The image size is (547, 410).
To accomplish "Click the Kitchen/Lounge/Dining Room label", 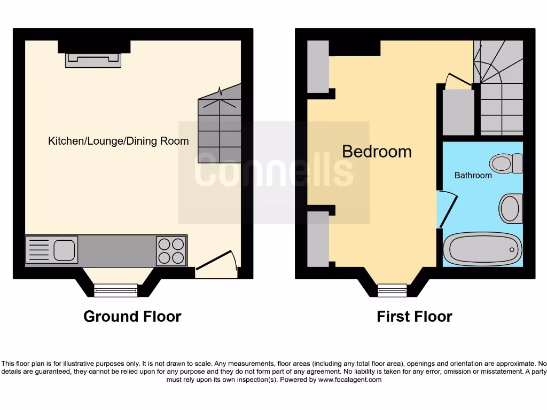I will [118, 141].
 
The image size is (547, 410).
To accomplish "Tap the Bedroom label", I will [377, 152].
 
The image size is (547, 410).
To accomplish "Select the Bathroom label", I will [473, 175].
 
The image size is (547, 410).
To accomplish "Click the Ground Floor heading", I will [132, 317].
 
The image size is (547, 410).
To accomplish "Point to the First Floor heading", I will [414, 317].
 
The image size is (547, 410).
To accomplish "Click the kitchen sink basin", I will [64, 249].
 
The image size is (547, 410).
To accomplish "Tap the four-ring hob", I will [171, 250].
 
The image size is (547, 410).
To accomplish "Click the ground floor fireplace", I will [93, 59].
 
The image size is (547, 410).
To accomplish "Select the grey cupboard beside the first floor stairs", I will [458, 112].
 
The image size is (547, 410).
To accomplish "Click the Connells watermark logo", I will [273, 172].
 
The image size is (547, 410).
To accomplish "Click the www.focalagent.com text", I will [350, 380].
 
